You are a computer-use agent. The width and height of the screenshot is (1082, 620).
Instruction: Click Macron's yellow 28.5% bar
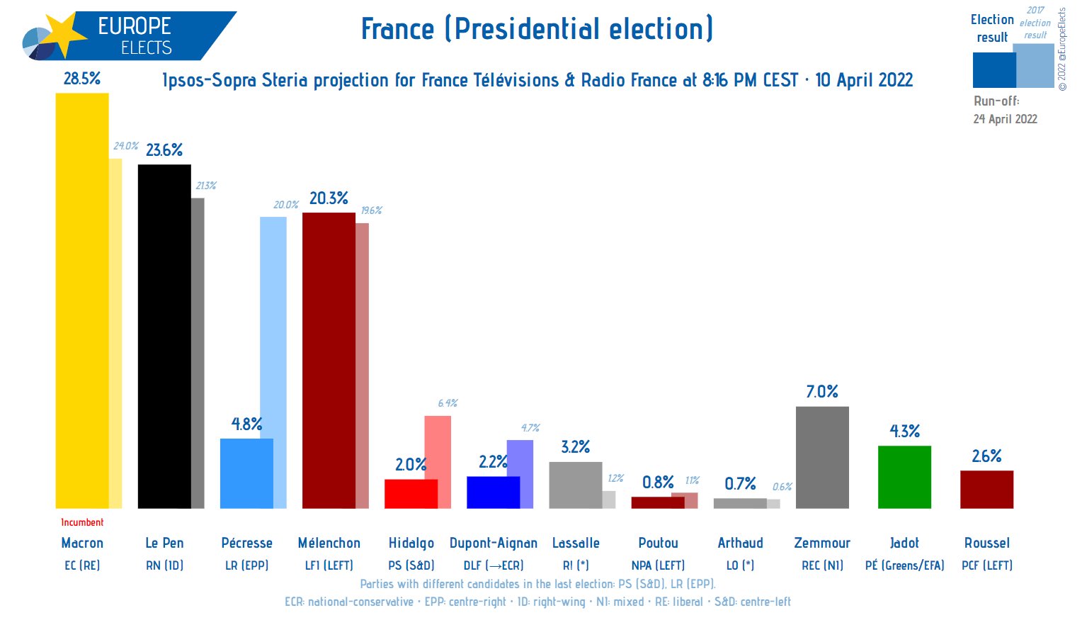click(x=82, y=300)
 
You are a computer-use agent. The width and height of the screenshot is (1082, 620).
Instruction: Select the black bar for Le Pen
click(x=164, y=336)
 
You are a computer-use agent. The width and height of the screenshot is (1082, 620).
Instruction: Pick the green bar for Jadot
click(x=904, y=477)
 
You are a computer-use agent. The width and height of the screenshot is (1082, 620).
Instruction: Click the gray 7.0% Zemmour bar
click(x=822, y=457)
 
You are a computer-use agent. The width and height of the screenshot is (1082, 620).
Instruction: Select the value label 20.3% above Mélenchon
click(x=329, y=198)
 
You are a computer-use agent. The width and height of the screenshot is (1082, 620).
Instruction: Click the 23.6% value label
click(x=164, y=150)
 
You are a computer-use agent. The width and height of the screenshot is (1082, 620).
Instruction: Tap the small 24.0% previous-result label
click(x=125, y=146)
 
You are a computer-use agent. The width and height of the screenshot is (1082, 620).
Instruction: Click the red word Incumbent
click(x=82, y=522)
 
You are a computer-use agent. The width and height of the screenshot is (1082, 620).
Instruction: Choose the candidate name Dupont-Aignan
click(x=494, y=543)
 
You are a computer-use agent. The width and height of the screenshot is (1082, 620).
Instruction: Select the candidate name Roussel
click(x=986, y=543)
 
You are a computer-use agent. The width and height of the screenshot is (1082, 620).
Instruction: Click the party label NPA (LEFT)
click(x=658, y=565)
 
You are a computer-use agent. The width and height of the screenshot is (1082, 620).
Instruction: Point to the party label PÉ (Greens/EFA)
click(x=904, y=565)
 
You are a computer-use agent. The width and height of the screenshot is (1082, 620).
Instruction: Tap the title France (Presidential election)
click(x=537, y=29)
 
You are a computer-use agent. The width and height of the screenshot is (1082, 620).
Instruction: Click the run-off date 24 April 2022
click(x=1005, y=119)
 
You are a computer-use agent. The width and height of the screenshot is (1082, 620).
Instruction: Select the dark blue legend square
click(x=993, y=69)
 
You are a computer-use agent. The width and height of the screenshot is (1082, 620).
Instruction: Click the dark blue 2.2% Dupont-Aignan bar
click(x=493, y=492)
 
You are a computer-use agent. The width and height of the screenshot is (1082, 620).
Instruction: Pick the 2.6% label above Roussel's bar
click(x=986, y=456)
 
